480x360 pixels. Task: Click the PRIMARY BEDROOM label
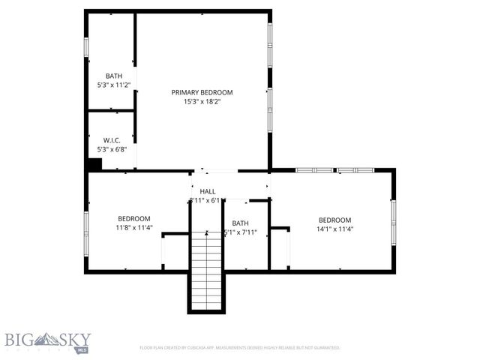pos(202,92)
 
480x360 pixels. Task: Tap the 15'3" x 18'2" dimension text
pos(202,102)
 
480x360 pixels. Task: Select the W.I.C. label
pos(112,140)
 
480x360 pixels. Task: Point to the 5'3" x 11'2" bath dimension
pos(113,85)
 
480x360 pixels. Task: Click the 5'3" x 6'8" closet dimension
pos(112,149)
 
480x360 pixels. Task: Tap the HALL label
pos(208,192)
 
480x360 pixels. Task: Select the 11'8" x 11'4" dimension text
pos(134,227)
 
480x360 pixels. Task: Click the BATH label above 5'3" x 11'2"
pos(113,76)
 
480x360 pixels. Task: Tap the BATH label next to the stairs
pos(240,223)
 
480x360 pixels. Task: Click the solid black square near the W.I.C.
pos(94,165)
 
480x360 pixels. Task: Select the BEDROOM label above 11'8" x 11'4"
pos(134,218)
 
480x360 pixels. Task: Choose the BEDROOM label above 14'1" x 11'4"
pos(334,220)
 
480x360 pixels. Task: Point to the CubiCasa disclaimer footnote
pos(240,348)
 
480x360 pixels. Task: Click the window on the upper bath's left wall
pos(86,46)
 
